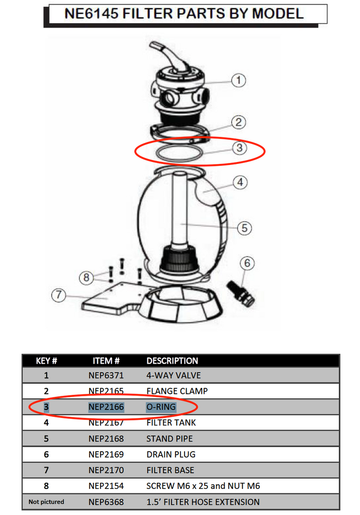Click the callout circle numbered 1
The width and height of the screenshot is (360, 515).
(x=238, y=80)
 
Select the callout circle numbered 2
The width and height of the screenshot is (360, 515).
(x=238, y=122)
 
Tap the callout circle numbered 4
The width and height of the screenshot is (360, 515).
(x=240, y=182)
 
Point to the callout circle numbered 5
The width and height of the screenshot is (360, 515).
(x=244, y=228)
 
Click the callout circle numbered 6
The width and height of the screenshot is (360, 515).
(x=247, y=263)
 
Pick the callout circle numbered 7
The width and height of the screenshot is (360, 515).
(x=59, y=295)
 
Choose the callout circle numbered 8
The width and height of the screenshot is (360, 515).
(x=86, y=277)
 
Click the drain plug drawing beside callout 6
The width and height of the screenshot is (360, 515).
(x=241, y=294)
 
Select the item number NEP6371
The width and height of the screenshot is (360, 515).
(x=106, y=375)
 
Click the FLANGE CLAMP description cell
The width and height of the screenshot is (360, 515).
(x=176, y=391)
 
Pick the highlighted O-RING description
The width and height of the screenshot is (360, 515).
(x=161, y=407)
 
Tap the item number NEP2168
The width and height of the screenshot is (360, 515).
(x=106, y=439)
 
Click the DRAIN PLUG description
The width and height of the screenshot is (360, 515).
(x=170, y=454)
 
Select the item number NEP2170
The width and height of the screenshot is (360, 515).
(x=106, y=470)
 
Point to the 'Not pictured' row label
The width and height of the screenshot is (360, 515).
(x=46, y=502)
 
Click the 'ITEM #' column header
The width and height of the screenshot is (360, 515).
(x=106, y=361)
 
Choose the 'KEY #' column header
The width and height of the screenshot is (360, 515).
(x=47, y=361)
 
